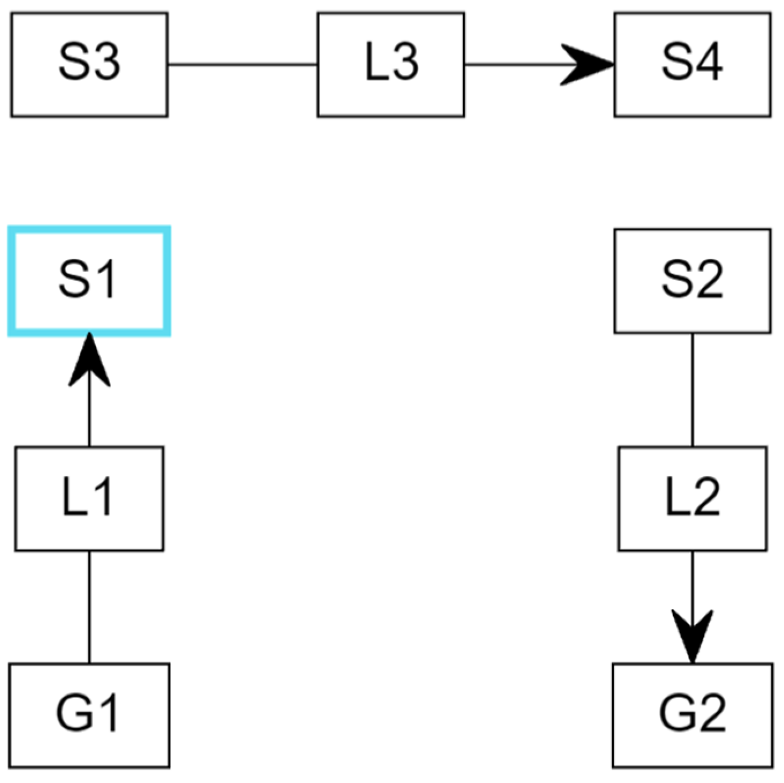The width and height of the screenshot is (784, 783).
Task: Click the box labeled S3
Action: coord(89,64)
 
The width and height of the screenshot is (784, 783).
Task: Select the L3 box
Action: coord(391,64)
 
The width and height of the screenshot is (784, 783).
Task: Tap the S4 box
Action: coord(692,64)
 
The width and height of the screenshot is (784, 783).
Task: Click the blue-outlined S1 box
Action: coord(89,281)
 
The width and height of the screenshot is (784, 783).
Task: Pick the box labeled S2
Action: coord(692,281)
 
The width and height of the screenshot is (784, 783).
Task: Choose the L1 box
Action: coord(89,498)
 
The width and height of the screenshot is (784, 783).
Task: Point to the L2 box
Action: coord(692,498)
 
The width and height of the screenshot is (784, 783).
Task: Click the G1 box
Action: coord(89,715)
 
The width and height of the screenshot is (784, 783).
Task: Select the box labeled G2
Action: coord(692,715)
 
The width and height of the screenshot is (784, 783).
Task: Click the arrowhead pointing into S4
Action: coord(589,64)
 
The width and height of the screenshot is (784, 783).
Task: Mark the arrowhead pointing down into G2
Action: coord(692,636)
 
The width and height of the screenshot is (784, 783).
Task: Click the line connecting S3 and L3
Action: coord(243,64)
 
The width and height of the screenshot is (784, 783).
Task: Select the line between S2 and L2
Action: coord(692,390)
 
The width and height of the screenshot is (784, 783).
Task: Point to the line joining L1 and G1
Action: coord(89,607)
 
